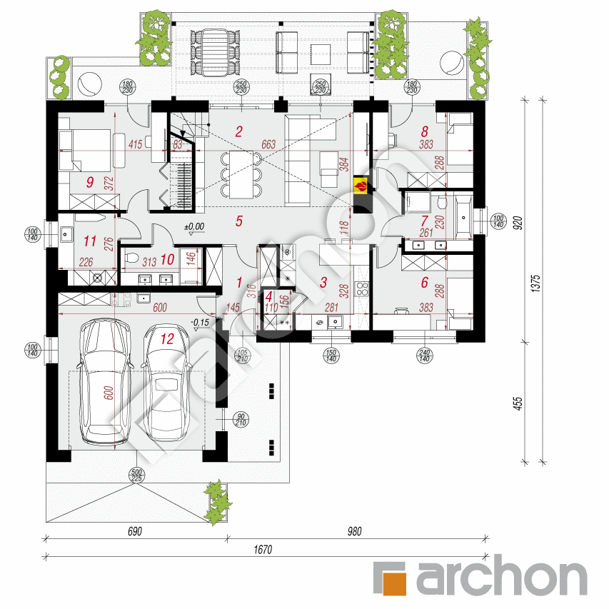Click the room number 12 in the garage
coord(167,339)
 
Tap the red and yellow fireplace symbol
coord(362,186)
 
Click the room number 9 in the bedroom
coord(90,181)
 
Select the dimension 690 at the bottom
coord(136,531)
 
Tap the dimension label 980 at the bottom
coord(355,531)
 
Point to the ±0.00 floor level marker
coord(193,227)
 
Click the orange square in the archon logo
coord(390,578)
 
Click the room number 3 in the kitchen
coord(323,283)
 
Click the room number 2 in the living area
coord(239,130)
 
